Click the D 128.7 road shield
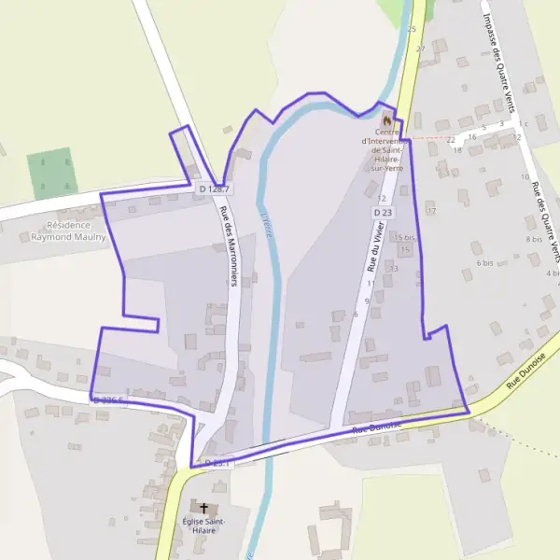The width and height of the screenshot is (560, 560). (x=214, y=189)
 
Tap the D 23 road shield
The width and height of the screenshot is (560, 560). (x=382, y=213)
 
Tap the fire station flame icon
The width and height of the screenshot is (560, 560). (x=387, y=119)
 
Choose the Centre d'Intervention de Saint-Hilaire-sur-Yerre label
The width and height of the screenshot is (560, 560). (x=385, y=149)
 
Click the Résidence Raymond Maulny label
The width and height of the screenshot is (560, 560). (x=68, y=231)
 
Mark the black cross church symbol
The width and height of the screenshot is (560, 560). (x=203, y=509)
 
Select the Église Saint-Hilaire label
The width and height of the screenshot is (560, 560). (x=203, y=525)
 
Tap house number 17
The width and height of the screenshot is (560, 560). (x=431, y=211)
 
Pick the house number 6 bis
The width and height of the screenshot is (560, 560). (x=484, y=263)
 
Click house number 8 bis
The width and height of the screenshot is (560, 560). (x=534, y=240)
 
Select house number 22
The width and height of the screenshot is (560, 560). (x=451, y=140)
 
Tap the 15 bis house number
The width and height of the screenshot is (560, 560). (x=404, y=238)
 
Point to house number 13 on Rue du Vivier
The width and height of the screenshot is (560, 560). (x=394, y=268)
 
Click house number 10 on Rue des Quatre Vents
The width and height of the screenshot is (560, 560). (x=525, y=176)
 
